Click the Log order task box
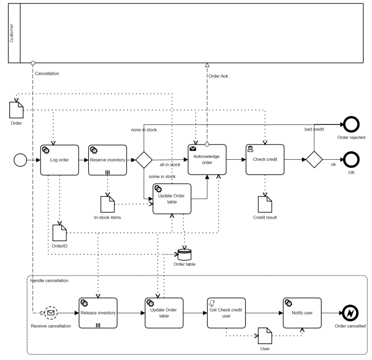[60, 160]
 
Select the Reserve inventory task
[107, 160]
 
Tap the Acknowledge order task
[207, 159]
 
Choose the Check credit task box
[265, 159]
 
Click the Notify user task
[302, 313]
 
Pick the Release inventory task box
[98, 313]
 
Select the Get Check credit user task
[226, 313]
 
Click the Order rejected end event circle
[351, 125]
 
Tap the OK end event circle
[351, 159]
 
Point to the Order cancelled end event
[350, 313]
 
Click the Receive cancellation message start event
[51, 313]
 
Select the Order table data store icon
[184, 255]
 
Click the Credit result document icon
[265, 204]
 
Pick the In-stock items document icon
[107, 204]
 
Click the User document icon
[265, 336]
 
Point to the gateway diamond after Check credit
[314, 159]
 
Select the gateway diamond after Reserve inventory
[144, 159]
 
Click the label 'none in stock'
[144, 130]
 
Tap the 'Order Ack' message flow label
[218, 76]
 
